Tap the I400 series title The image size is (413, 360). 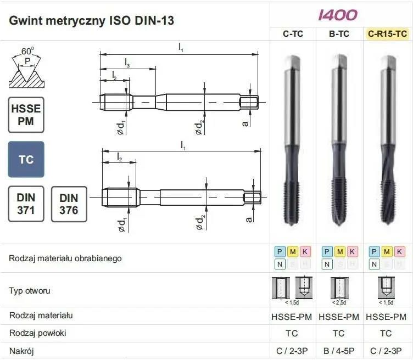click(338, 15)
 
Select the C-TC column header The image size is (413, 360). click(293, 34)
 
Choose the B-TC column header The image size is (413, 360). click(339, 34)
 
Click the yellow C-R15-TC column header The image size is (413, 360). click(387, 34)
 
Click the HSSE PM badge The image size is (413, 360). click(26, 115)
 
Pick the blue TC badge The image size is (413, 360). click(26, 160)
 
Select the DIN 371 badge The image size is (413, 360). click(26, 204)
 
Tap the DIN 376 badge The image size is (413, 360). click(69, 204)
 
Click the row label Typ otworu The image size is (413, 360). click(30, 290)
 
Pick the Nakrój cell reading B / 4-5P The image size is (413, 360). click(339, 350)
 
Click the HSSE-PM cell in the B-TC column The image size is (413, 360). click(339, 317)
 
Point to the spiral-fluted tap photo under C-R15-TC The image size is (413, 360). click(387, 143)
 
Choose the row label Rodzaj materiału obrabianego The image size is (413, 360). click(65, 258)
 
